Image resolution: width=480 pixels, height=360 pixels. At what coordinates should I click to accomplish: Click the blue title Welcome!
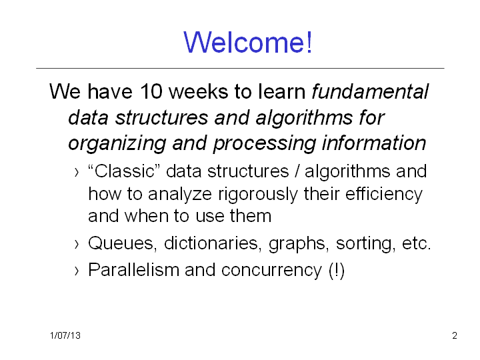247,42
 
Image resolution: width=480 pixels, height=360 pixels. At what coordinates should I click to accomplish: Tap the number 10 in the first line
151,91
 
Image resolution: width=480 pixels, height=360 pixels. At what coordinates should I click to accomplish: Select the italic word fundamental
370,91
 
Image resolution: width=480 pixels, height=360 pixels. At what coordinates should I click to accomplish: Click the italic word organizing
117,144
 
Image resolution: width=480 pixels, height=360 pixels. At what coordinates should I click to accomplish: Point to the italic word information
374,143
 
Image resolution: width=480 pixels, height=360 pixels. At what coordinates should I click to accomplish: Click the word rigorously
257,195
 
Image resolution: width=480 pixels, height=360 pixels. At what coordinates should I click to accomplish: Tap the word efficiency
384,195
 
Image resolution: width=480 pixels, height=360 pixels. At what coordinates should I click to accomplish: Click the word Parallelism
133,270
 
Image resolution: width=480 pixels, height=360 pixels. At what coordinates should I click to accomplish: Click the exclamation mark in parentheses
337,271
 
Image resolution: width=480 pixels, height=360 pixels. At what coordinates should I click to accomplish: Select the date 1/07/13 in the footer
65,335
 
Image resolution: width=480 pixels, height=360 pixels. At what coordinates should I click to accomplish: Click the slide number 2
455,335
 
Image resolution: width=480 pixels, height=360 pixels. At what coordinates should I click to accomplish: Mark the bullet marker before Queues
77,244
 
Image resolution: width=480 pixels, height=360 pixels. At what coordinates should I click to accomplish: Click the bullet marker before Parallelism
77,271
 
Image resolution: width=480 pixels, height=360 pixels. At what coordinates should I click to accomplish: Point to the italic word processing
264,144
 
